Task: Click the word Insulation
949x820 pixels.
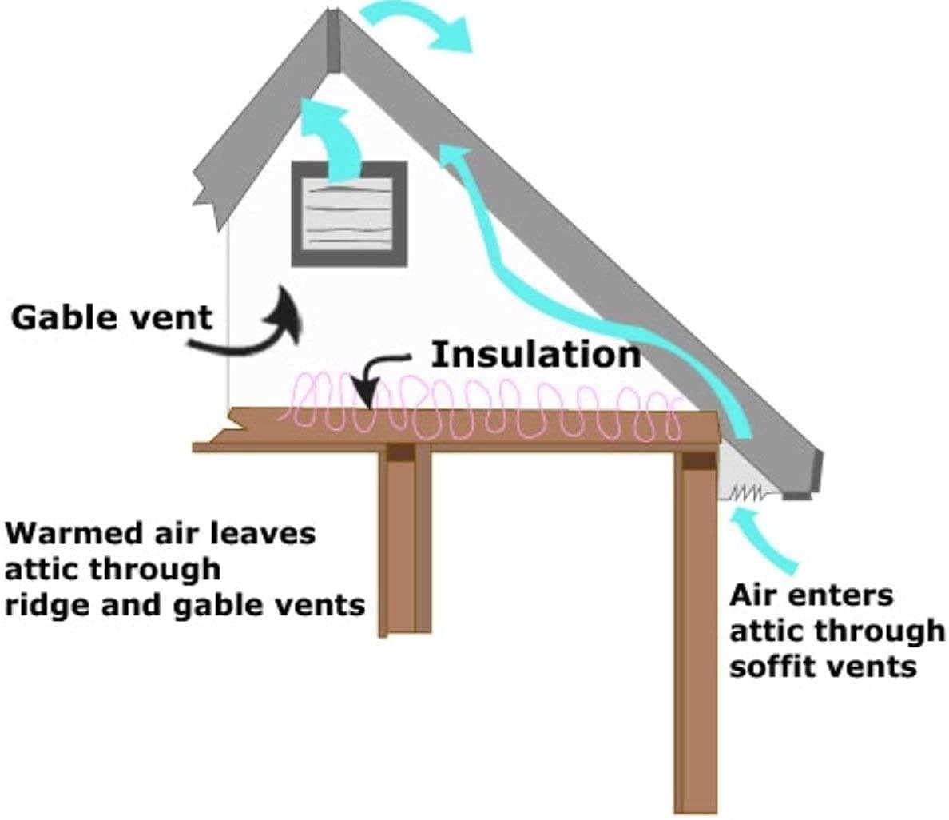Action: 535,354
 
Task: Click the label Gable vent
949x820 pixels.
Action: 112,317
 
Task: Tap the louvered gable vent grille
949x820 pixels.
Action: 349,213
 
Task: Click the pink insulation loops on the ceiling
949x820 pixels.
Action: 479,408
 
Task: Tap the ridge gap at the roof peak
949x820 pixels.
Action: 333,40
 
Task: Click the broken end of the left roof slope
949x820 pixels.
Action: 209,192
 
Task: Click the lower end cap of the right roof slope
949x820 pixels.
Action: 816,472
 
